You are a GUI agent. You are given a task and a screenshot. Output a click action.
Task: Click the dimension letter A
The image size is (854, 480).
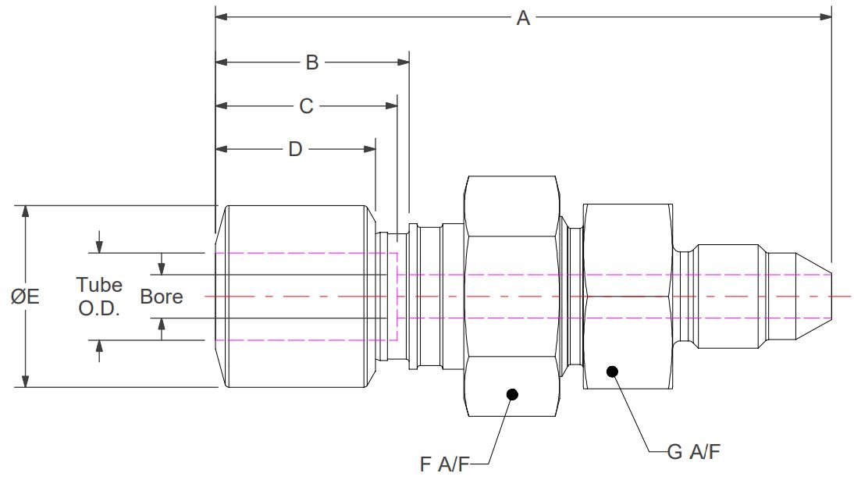(523, 17)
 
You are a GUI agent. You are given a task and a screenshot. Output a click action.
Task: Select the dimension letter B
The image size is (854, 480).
(311, 62)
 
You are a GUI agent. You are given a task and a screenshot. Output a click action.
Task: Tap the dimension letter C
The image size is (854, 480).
(306, 106)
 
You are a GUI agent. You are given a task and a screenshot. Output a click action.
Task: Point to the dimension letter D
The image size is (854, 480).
(295, 149)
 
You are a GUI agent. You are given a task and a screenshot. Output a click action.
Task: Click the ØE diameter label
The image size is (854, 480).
(26, 297)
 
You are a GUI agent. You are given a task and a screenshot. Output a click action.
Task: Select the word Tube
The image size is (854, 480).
(99, 284)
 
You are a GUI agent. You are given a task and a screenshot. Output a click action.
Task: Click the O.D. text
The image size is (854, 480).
(99, 308)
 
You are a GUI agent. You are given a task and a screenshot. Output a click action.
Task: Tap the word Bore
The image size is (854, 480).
(162, 297)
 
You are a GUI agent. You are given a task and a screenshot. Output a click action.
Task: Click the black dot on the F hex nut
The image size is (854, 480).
(512, 394)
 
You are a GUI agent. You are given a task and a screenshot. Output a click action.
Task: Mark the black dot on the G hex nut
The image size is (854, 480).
(613, 372)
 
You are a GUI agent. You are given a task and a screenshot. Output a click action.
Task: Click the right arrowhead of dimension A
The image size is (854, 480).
(826, 16)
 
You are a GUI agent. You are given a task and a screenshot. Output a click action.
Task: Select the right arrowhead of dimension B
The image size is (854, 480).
(404, 62)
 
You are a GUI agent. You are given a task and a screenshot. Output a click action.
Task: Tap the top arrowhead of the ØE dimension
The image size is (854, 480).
(26, 212)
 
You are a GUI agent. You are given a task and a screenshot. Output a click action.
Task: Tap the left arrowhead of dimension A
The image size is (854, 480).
(222, 16)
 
